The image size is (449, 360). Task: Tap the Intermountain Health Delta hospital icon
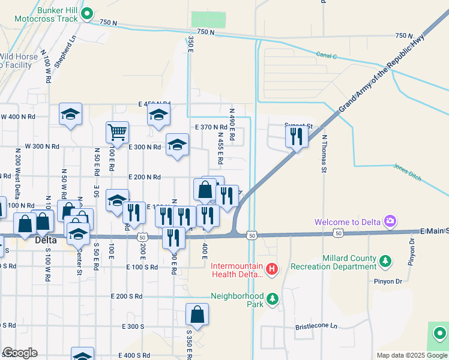click(272, 268)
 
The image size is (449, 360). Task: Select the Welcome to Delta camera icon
click(390, 221)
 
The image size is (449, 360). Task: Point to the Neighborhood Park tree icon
click(272, 298)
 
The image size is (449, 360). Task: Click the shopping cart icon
click(117, 131)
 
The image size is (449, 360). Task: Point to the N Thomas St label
click(323, 154)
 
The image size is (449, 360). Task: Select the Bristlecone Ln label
click(316, 327)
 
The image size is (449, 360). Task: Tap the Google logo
click(20, 353)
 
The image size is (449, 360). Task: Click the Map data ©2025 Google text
click(412, 355)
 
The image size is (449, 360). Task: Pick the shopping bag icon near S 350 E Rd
click(196, 314)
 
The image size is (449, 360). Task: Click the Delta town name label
click(46, 240)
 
